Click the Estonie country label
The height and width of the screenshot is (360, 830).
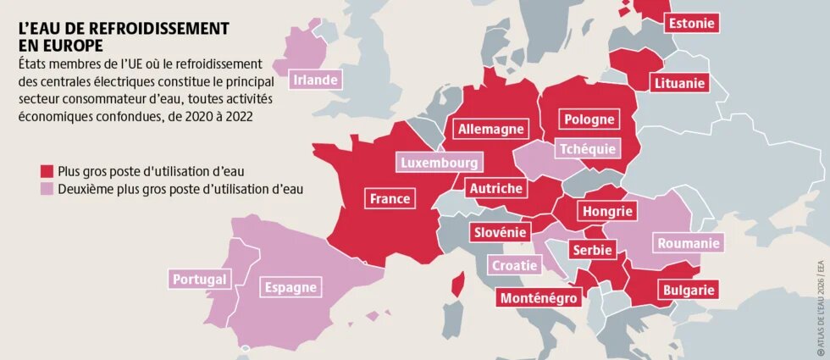click(x=691, y=24)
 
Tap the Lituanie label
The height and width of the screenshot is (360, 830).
click(x=679, y=83)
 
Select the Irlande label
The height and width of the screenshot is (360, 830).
click(x=315, y=80)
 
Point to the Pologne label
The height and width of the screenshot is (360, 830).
click(x=589, y=119)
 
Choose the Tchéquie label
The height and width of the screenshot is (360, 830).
click(x=587, y=149)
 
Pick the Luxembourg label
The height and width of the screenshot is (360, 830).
click(x=440, y=163)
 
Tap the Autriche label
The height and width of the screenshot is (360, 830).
click(x=496, y=189)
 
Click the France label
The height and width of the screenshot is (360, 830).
click(x=390, y=199)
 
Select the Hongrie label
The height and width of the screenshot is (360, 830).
click(x=606, y=211)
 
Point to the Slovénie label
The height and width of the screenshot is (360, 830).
click(x=500, y=231)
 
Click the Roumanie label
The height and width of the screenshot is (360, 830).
click(x=689, y=244)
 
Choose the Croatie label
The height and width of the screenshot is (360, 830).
click(x=515, y=265)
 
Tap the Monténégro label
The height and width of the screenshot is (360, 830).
click(x=539, y=297)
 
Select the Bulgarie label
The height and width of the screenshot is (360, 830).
click(x=688, y=291)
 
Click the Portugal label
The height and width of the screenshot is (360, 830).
click(x=199, y=279)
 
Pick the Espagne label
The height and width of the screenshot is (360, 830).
click(x=290, y=287)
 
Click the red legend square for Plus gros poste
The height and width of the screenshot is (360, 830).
click(x=47, y=170)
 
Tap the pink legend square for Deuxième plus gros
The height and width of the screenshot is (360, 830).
click(x=47, y=189)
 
